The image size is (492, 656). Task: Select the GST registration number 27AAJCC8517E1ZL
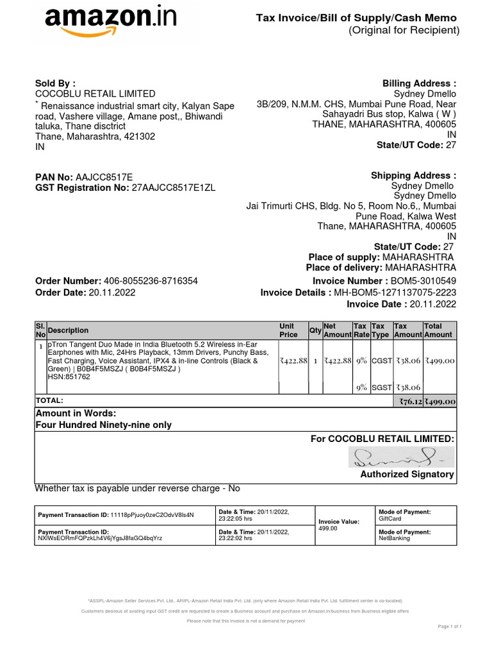point(174,188)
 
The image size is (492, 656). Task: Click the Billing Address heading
point(419,83)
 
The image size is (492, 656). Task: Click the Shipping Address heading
point(413,176)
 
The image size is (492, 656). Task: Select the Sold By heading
point(55,83)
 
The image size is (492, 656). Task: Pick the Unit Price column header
point(288,330)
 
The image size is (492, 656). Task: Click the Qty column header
point(315,330)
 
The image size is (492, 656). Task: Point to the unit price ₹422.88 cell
point(293,361)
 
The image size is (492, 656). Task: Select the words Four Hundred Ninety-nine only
point(103,425)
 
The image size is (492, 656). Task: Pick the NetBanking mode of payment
point(393,539)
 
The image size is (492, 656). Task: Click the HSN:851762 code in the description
point(69,377)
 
